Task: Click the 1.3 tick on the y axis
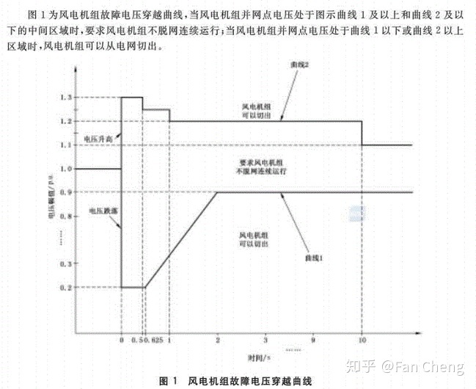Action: [67, 98]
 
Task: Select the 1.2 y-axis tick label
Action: [67, 121]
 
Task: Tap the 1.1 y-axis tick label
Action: [67, 145]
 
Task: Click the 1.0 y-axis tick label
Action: [67, 169]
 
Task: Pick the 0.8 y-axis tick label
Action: [67, 216]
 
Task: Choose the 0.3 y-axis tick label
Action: [67, 263]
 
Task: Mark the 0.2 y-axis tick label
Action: [67, 286]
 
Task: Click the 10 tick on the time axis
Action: [362, 341]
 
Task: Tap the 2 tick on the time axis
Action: [218, 341]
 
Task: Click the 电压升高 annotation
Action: [96, 137]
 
